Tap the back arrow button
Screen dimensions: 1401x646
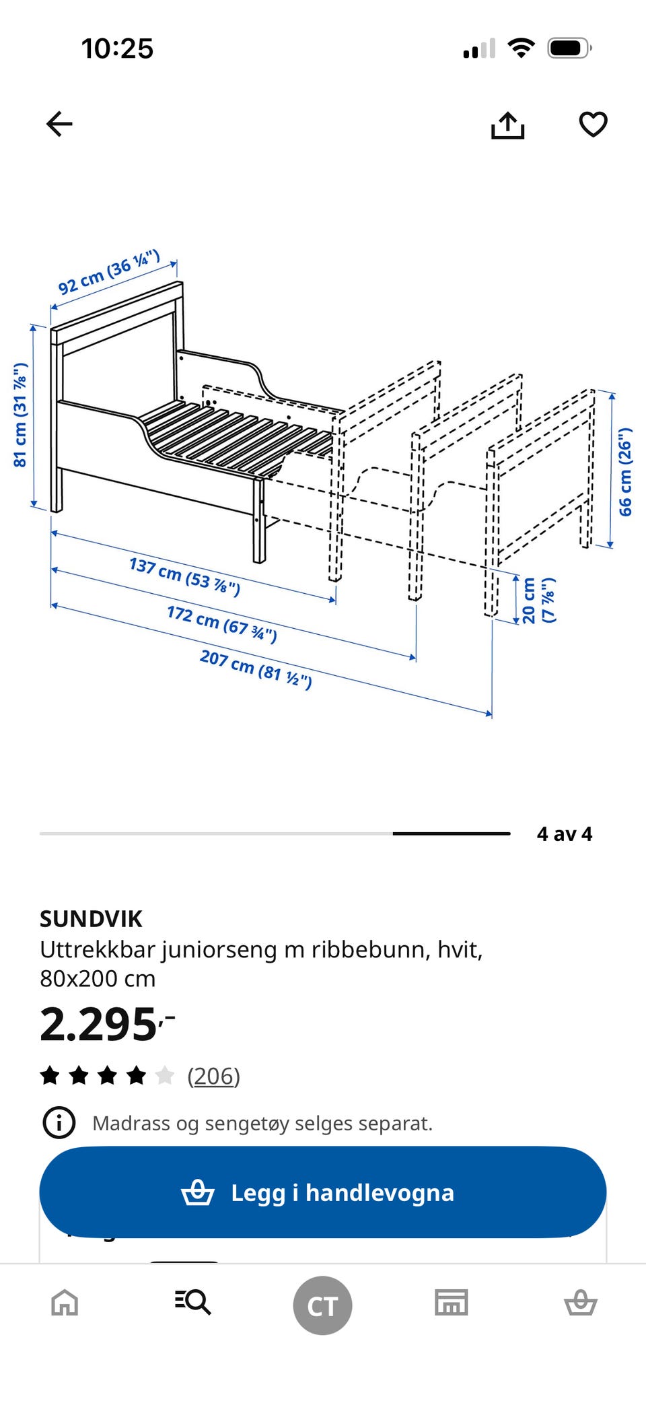coord(59,124)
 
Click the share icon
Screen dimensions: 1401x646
coord(507,125)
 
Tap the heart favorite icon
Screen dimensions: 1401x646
coord(593,125)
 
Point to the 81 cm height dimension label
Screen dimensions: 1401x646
coord(20,415)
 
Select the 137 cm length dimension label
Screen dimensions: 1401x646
coord(184,576)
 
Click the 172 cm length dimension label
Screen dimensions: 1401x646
coord(221,623)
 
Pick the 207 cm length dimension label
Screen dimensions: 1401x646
coord(256,669)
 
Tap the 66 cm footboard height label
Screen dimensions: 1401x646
coord(625,471)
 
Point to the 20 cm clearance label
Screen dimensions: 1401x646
coord(538,600)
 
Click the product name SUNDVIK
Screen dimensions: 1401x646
coord(91,919)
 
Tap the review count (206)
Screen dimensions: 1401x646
coord(213,1076)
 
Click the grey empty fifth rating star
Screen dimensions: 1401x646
coord(164,1075)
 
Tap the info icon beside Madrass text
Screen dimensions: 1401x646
coord(59,1122)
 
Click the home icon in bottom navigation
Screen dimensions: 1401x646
coord(65,1303)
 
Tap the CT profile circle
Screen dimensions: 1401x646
coord(322,1305)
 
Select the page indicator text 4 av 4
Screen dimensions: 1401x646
coord(564,834)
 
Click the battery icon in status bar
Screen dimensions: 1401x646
coord(569,48)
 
